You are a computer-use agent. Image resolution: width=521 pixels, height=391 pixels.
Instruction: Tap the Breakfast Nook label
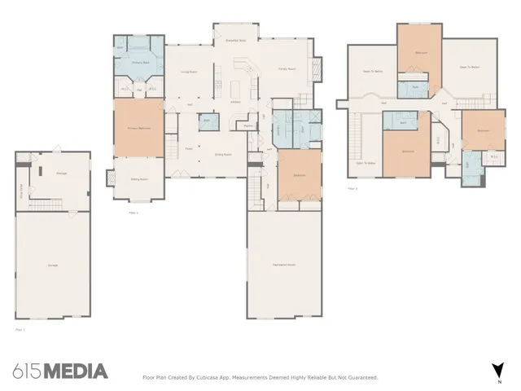[237, 40]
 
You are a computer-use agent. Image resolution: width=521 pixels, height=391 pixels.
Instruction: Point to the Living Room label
[190, 72]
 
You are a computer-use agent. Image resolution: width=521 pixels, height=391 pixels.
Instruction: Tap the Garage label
[52, 266]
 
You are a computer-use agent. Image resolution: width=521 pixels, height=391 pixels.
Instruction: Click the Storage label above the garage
[61, 174]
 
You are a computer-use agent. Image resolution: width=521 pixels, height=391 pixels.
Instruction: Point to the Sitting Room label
[138, 179]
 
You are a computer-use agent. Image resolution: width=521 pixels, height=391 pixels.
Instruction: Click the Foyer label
[189, 148]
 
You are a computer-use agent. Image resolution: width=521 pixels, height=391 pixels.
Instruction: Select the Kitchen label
[234, 102]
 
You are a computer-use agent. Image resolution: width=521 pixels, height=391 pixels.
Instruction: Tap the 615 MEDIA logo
[60, 371]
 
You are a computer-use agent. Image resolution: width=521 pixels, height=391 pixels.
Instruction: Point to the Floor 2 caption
[352, 188]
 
